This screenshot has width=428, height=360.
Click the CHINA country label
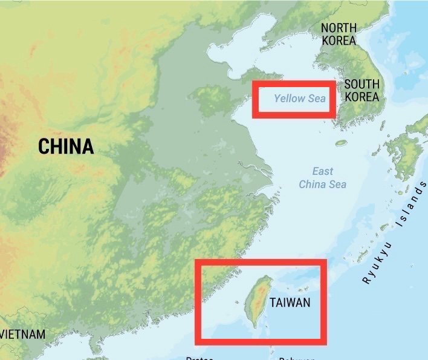66,146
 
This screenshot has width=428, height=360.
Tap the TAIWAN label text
290,302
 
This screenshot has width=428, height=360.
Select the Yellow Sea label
299,99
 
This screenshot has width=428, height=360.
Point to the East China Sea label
323,178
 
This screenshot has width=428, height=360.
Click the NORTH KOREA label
339,34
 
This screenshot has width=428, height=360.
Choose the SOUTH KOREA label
362,91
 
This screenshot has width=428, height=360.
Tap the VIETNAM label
23,335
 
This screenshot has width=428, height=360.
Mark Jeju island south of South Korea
342,143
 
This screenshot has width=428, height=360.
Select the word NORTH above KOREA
339,28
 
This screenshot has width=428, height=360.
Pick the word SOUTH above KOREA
362,84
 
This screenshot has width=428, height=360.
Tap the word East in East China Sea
323,171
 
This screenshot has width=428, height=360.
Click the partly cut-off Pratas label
199,358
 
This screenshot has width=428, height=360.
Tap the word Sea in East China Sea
338,185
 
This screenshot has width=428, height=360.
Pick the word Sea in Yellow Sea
317,99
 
